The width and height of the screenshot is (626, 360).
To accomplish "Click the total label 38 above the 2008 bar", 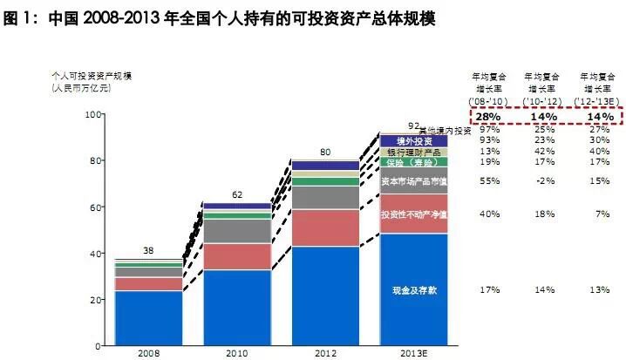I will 148,251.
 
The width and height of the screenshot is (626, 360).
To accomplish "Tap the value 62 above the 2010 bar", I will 237,195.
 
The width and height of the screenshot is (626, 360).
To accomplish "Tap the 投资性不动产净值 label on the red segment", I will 415,214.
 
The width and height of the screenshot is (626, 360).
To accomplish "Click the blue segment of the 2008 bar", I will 148,317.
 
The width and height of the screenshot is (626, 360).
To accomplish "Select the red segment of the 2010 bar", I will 237,256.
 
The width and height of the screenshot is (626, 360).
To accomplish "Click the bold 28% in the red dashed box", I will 487,116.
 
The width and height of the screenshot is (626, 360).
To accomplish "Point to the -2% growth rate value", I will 542,181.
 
